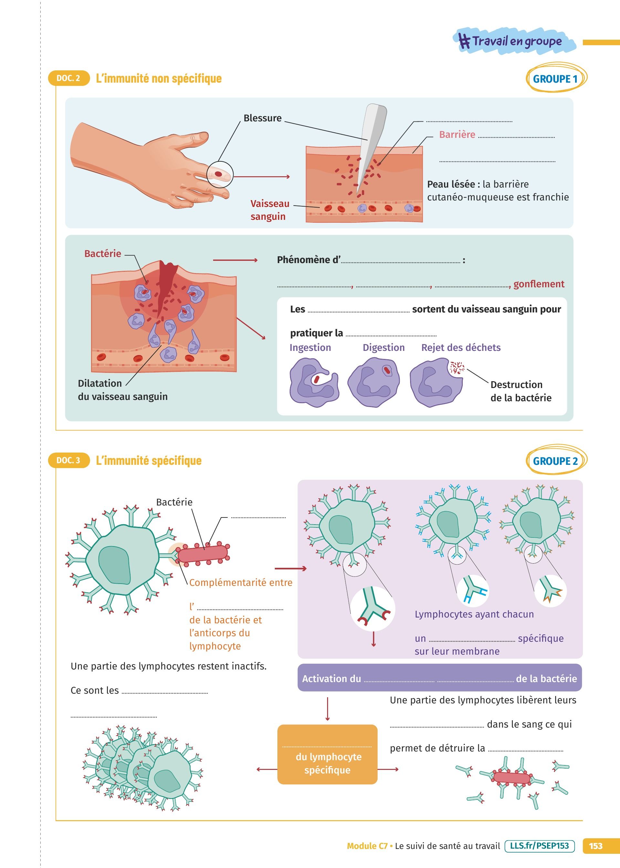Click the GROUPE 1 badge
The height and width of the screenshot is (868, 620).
point(555,78)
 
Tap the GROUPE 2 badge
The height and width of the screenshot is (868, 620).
point(555,461)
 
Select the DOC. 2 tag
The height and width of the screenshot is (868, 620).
point(68,78)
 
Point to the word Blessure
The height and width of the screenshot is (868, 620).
point(262,118)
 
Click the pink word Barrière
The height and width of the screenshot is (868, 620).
point(457,135)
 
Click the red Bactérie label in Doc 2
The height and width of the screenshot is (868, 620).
point(102,254)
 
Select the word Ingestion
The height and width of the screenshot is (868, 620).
point(310,348)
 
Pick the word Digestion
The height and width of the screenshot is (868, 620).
point(383,348)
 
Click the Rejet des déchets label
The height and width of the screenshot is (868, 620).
point(461,348)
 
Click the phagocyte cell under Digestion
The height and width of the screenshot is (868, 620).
point(374,382)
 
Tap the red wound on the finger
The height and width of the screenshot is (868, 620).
point(218,174)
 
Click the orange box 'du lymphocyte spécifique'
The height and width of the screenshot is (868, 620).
point(327,754)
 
